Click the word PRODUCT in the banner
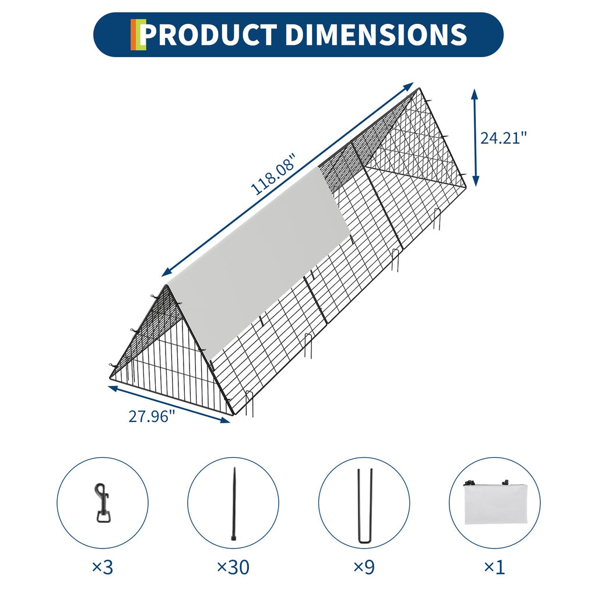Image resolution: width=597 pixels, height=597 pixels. pyautogui.click(x=208, y=34)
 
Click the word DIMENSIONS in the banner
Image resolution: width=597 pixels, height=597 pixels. pyautogui.click(x=376, y=34)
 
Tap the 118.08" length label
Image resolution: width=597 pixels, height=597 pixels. pyautogui.click(x=273, y=174)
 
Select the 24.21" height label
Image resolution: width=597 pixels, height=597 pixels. pyautogui.click(x=503, y=138)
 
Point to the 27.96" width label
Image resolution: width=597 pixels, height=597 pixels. pyautogui.click(x=152, y=416)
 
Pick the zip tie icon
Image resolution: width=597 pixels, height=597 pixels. pyautogui.click(x=234, y=503)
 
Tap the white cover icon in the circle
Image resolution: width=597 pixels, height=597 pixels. pyautogui.click(x=494, y=502)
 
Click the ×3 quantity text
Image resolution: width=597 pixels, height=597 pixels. pyautogui.click(x=103, y=567)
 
